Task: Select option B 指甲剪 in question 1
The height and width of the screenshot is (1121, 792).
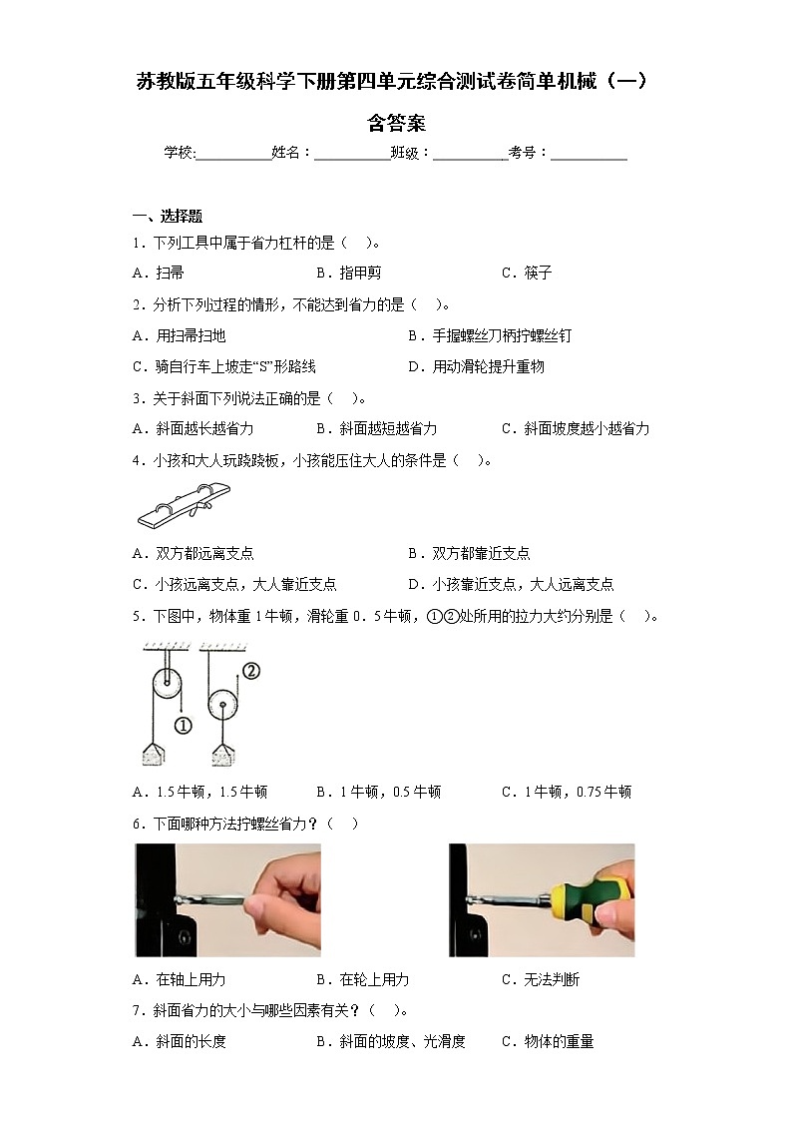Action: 348,273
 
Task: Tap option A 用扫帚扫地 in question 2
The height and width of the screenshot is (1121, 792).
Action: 179,335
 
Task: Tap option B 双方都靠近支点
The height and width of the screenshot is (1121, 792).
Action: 469,553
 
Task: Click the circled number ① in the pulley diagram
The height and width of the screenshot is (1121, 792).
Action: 183,726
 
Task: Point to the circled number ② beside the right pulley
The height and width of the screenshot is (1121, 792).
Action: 250,671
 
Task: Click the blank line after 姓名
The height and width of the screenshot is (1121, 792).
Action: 352,153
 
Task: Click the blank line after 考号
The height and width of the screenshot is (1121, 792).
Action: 589,153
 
